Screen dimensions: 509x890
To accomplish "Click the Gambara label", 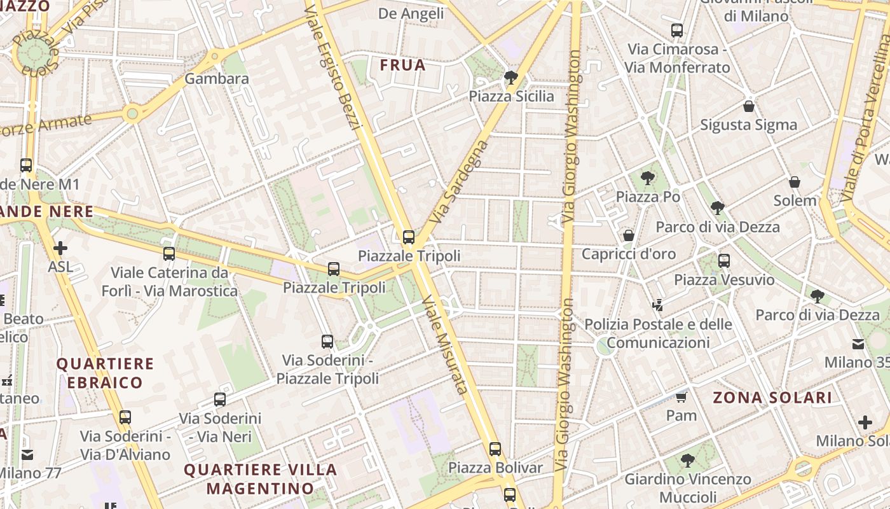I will [217, 79].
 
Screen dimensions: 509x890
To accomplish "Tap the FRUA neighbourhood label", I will [402, 65].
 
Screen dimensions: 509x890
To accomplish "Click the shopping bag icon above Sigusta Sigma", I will [748, 106].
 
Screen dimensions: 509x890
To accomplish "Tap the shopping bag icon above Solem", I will [794, 183].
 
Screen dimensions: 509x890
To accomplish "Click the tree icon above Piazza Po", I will [647, 178].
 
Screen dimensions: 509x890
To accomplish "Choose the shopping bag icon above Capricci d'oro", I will [629, 236].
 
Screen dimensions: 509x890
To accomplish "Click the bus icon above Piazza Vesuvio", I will [723, 261].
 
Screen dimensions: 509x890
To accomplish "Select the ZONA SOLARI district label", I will [772, 398].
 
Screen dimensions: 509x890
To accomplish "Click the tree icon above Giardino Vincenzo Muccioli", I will [687, 460].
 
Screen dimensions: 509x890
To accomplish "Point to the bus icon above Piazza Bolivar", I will [495, 449].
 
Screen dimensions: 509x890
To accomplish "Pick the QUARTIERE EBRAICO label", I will [105, 373].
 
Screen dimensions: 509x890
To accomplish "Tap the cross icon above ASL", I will [60, 248].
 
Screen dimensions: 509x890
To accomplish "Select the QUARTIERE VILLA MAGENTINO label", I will [261, 479].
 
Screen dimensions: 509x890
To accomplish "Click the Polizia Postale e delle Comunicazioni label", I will [658, 333].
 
